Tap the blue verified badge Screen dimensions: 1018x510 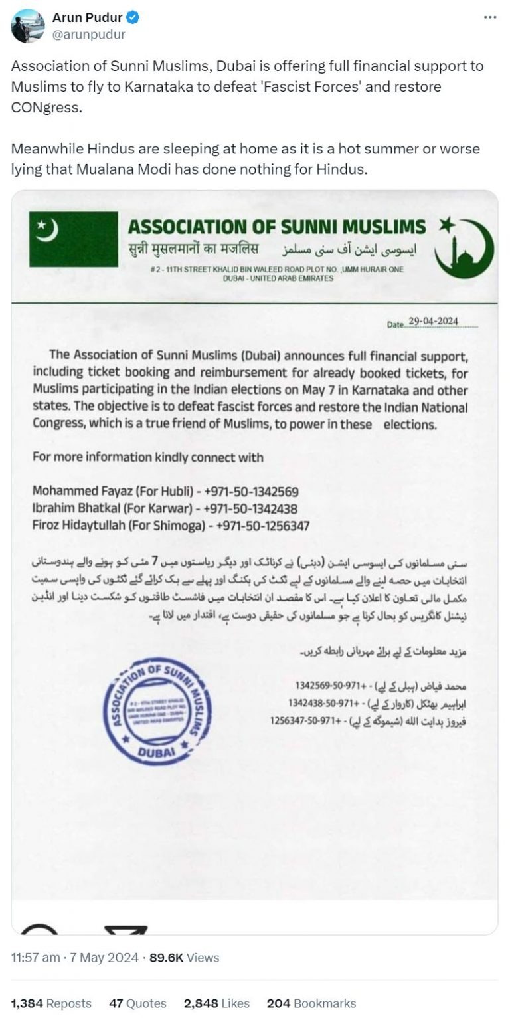132,18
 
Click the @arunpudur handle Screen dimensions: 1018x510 88,35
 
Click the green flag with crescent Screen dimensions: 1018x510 73,239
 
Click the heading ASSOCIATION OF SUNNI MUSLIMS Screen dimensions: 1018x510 277,227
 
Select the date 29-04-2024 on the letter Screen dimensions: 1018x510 433,322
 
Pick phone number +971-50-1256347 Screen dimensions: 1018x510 260,525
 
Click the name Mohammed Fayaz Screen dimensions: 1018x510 73,492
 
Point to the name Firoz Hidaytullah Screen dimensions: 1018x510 77,525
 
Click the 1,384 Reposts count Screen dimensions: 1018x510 52,1003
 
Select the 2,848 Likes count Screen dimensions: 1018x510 216,1003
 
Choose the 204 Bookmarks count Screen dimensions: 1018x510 311,1003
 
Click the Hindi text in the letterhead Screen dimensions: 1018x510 193,250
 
